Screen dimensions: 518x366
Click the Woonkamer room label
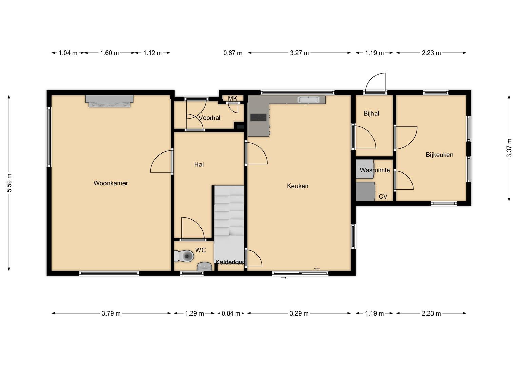111,183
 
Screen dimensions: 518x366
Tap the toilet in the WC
184,256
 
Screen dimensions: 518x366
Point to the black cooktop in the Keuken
258,117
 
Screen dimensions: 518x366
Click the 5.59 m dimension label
9,183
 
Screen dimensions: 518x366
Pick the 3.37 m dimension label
509,148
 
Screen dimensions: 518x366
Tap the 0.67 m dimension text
233,53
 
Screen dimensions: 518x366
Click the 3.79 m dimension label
111,313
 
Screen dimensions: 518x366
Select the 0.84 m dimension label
231,313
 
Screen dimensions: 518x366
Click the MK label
232,98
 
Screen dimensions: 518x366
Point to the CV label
383,197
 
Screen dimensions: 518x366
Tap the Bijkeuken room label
439,155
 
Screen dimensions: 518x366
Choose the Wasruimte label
375,170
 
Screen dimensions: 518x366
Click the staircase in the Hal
229,228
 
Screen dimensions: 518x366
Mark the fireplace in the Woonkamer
109,101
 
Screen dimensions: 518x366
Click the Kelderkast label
230,262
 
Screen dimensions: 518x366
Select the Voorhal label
210,118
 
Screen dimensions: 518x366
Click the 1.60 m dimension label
109,53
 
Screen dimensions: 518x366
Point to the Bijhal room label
371,114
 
